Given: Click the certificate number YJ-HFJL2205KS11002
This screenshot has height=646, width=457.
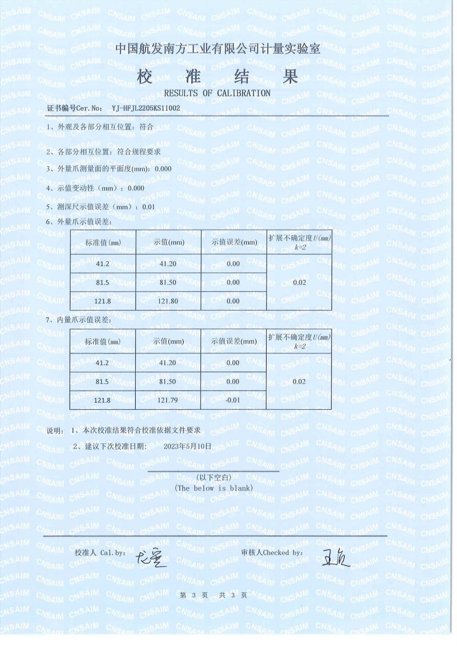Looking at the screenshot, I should [146, 108].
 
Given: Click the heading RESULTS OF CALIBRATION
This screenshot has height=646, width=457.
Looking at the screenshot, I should [217, 93].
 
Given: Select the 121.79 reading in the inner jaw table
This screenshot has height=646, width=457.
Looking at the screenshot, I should [168, 399].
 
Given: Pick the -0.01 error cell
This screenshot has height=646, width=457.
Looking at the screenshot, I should [233, 399].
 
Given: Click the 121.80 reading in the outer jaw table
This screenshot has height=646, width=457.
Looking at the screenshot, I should [168, 301].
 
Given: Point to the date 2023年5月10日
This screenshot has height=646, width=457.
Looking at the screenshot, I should [187, 446].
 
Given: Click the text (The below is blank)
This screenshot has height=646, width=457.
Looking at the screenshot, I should [214, 488].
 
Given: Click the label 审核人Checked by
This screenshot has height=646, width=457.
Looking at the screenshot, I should [271, 553].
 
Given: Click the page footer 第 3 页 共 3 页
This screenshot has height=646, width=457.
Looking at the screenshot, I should [214, 595].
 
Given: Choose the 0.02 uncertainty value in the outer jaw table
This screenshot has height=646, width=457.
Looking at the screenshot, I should [299, 282].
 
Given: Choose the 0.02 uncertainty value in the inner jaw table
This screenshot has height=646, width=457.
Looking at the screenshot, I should [299, 381].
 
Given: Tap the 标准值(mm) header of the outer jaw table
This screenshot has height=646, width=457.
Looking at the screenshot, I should [103, 242].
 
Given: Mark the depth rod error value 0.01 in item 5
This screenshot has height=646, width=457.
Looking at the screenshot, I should [149, 207].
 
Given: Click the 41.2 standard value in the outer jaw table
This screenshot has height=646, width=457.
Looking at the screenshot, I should [103, 264].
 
